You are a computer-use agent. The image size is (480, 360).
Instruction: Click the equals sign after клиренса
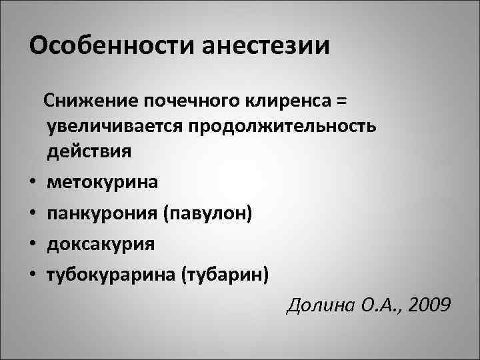click(341, 101)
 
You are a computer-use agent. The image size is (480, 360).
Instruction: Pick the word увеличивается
click(115, 126)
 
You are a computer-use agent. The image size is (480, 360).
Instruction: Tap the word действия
click(89, 151)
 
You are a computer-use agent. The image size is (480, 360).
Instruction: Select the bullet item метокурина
click(102, 181)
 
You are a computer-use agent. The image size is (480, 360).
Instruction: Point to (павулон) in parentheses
click(212, 212)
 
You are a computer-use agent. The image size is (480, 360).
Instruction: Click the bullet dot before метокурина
click(32, 182)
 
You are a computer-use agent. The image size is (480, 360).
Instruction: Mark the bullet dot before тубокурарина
click(32, 274)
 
